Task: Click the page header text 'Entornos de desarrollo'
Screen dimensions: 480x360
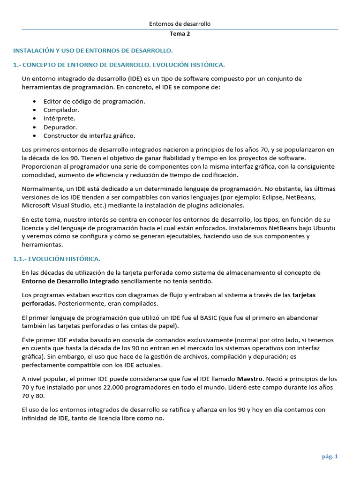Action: tap(180, 23)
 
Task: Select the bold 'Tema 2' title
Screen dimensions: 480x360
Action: tap(180, 34)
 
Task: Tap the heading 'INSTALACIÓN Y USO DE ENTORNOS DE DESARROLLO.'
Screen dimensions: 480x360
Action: tap(93, 50)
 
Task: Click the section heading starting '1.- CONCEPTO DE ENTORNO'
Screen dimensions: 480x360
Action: tap(119, 64)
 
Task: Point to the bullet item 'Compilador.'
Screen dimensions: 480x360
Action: tap(61, 110)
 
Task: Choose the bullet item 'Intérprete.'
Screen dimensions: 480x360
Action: tap(60, 118)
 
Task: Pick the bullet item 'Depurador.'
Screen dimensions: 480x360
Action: tap(60, 127)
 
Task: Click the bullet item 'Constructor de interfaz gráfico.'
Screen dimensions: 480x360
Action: tap(89, 135)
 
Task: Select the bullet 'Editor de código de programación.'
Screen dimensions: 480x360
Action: tap(94, 101)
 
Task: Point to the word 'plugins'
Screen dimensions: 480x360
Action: tap(199, 205)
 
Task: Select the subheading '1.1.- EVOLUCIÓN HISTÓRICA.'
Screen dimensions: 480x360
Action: tap(57, 259)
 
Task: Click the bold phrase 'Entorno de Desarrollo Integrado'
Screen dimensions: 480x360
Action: tap(70, 281)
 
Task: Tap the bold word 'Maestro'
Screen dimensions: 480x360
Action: tap(250, 378)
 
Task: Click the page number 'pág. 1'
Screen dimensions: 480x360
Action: tap(330, 457)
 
